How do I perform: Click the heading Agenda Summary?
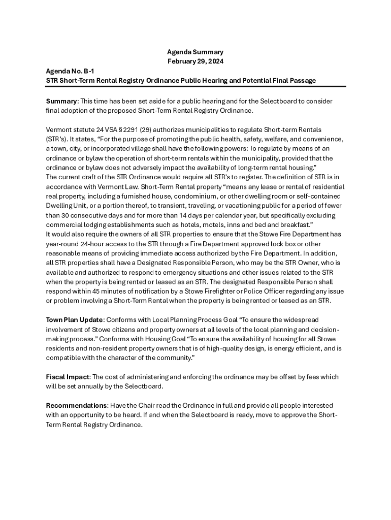point(195,52)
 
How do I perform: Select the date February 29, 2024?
point(195,61)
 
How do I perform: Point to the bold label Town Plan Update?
point(75,319)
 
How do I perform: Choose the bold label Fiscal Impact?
point(68,377)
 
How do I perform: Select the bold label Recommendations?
point(76,405)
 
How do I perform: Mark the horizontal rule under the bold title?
point(195,86)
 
